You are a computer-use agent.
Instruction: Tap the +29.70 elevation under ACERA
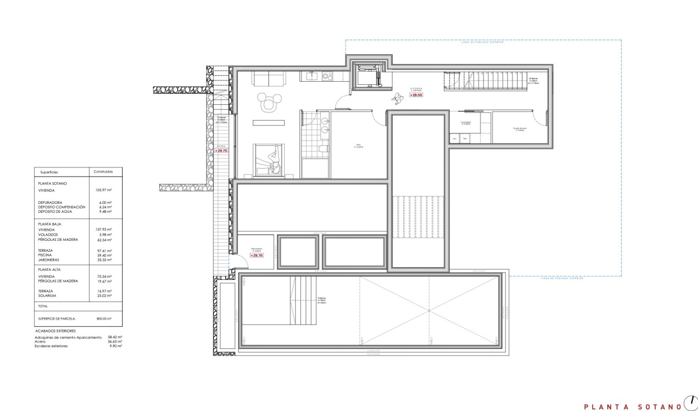click(x=221, y=151)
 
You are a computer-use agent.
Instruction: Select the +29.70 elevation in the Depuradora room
click(x=256, y=255)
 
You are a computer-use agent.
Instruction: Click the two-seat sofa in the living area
click(x=269, y=79)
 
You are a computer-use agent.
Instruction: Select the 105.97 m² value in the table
click(x=102, y=190)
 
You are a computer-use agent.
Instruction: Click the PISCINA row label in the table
click(x=45, y=255)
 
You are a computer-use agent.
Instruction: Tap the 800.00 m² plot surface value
click(x=104, y=319)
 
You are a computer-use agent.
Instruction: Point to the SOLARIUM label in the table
click(x=48, y=296)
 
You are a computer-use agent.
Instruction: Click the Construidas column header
click(x=103, y=172)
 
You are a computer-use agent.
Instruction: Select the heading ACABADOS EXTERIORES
click(x=55, y=331)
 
